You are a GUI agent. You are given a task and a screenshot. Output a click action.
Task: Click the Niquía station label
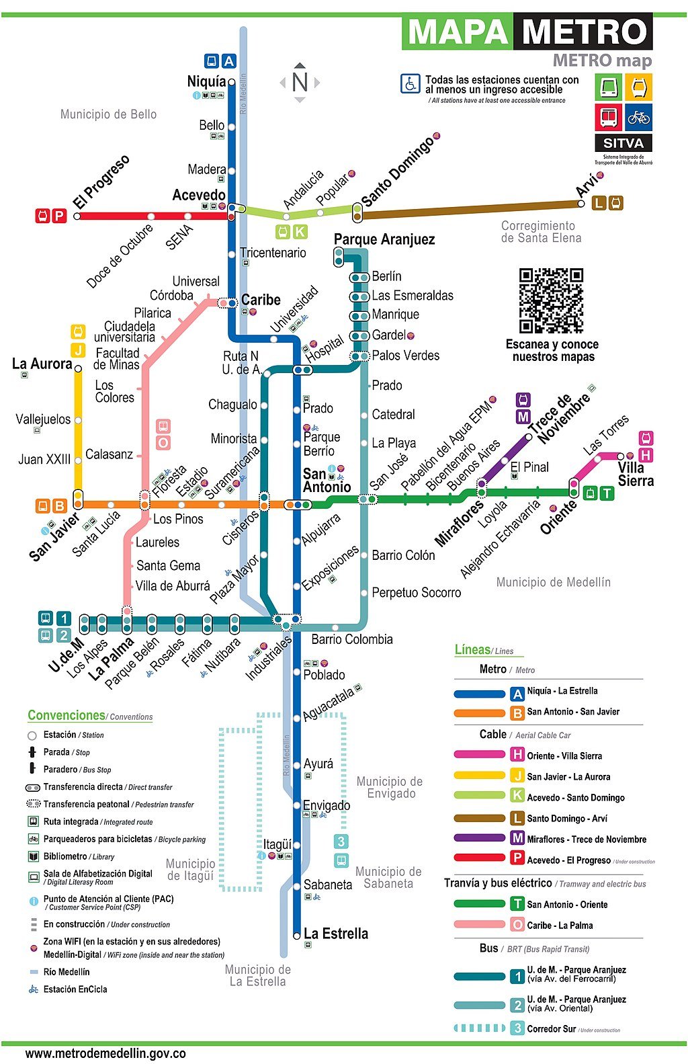tap(206, 81)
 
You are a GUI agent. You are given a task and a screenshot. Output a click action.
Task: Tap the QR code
tap(551, 300)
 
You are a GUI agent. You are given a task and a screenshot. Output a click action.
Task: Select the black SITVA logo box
tap(623, 143)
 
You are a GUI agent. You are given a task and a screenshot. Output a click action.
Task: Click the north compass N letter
tap(300, 82)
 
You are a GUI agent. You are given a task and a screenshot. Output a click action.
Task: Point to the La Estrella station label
tap(335, 934)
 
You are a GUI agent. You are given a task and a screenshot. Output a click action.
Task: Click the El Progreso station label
tap(101, 182)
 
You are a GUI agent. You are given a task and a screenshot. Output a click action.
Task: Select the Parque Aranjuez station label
tap(384, 239)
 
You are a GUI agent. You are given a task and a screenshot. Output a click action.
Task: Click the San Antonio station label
tap(327, 480)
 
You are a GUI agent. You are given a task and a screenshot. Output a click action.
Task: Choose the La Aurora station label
tap(42, 364)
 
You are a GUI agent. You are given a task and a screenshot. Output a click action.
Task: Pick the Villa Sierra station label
tap(636, 474)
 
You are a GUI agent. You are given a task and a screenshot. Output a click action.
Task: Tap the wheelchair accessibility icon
tap(410, 84)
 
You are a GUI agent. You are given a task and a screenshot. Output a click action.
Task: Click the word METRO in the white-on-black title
tap(584, 32)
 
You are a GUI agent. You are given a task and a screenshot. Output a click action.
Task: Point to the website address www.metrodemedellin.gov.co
tap(105, 1053)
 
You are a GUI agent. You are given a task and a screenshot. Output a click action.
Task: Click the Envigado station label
tap(327, 805)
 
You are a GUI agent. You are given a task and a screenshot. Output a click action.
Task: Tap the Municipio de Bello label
tap(108, 114)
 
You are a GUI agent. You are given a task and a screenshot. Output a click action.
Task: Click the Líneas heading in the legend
tap(472, 649)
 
